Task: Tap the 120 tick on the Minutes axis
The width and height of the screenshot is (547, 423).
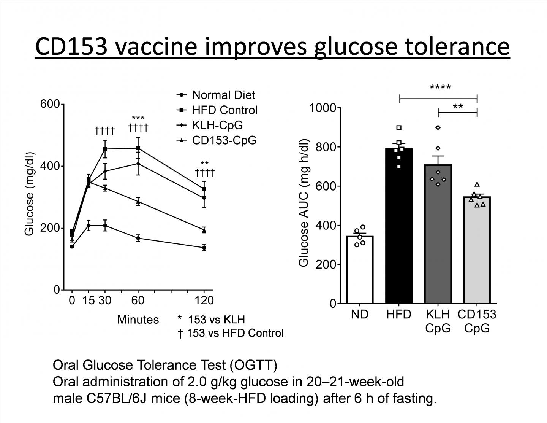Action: point(204,301)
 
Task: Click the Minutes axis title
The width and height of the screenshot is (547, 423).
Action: point(138,320)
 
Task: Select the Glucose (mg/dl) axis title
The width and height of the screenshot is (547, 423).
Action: point(30,194)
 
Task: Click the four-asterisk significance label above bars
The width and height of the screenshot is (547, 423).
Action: point(440,88)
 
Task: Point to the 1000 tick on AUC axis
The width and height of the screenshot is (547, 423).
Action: point(322,108)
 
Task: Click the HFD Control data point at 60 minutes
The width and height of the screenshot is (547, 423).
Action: point(138,148)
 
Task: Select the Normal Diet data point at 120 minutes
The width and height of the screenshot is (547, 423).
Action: point(204,248)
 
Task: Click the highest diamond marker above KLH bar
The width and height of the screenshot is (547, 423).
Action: point(438,128)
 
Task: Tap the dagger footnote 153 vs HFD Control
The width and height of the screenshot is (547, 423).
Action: point(231,333)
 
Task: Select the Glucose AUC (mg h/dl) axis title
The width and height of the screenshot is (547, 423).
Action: point(304,204)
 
